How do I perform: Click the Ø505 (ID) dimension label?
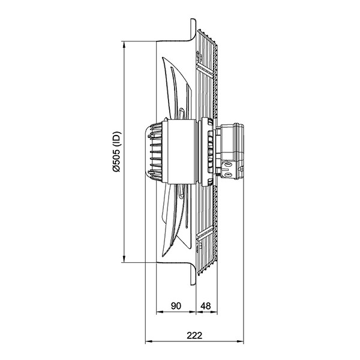pyautogui.click(x=116, y=152)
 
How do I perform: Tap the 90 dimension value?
pyautogui.click(x=176, y=306)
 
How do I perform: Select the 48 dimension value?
pyautogui.click(x=205, y=306)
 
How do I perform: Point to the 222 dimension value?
pyautogui.click(x=194, y=335)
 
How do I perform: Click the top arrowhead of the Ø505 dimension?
pyautogui.click(x=124, y=44)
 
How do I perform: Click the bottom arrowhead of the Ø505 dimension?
pyautogui.click(x=124, y=259)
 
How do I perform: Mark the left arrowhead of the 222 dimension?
pyautogui.click(x=149, y=342)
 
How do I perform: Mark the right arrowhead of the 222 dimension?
pyautogui.click(x=240, y=342)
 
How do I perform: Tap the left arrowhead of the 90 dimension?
pyautogui.click(x=160, y=312)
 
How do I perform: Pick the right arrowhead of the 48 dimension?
pyautogui.click(x=214, y=312)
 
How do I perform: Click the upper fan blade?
pyautogui.click(x=177, y=87)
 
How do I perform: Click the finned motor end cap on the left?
pyautogui.click(x=154, y=152)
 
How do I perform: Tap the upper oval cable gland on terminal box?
pyautogui.click(x=228, y=164)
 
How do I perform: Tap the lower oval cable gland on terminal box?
pyautogui.click(x=228, y=175)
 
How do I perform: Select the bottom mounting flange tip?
pyautogui.click(x=193, y=284)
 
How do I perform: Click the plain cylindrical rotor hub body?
pyautogui.click(x=181, y=152)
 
